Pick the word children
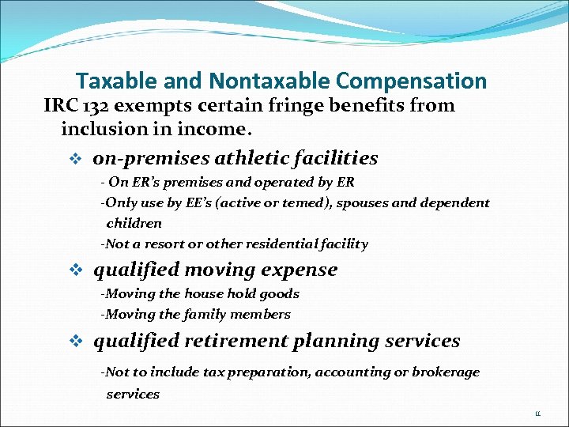pos(134,223)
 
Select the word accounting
pos(349,372)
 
